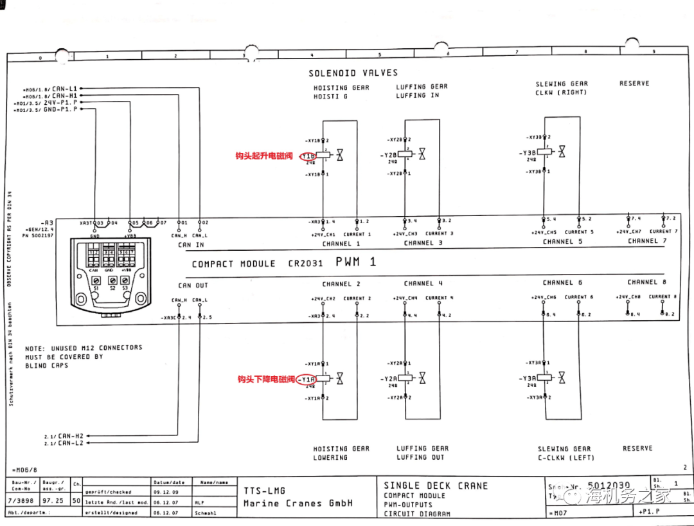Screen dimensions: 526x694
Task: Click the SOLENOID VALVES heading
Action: pyautogui.click(x=353, y=73)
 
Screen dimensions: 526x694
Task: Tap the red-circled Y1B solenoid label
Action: pyautogui.click(x=308, y=156)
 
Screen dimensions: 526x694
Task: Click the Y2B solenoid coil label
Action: pyautogui.click(x=391, y=154)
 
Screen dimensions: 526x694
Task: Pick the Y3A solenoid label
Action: pyautogui.click(x=529, y=378)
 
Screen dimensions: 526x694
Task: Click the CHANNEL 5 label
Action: pyautogui.click(x=562, y=242)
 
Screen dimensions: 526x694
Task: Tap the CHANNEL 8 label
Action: pyautogui.click(x=647, y=282)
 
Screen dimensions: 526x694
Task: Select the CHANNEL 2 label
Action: pyautogui.click(x=341, y=284)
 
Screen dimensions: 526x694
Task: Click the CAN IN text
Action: pyautogui.click(x=191, y=245)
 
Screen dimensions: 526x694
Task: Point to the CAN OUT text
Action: pyautogui.click(x=193, y=286)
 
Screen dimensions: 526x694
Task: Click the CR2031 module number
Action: pyautogui.click(x=304, y=264)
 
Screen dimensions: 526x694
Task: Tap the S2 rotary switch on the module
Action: pyautogui.click(x=112, y=281)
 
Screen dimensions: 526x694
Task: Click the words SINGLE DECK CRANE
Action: pyautogui.click(x=436, y=485)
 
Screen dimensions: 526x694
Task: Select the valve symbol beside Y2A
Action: pyautogui.click(x=422, y=378)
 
